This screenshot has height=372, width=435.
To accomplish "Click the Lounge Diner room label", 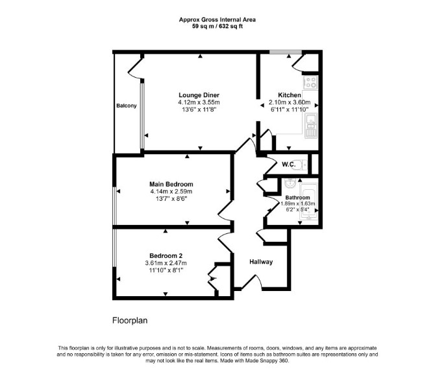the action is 199,95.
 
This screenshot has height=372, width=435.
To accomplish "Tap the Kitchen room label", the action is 290,95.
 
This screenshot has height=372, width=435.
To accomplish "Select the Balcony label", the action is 127,106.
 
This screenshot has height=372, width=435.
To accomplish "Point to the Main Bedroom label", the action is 171,184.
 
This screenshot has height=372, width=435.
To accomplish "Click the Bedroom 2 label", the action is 166,255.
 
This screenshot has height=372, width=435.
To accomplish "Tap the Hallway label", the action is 261,262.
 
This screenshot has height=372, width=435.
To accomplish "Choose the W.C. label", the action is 288,165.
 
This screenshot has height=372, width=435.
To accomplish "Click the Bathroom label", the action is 297,198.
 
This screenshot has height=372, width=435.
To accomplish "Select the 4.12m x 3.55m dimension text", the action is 199,102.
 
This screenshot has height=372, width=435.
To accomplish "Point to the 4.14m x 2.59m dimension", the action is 171,191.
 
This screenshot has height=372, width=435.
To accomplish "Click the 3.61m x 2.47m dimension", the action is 166,263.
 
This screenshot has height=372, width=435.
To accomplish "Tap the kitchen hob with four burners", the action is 311,82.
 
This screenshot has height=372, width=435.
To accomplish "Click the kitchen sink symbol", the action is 311,126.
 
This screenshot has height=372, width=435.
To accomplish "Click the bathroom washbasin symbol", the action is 290,183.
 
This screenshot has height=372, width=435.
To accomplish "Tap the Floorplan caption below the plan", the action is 130,321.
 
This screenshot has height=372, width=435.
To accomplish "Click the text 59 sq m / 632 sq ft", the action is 217,27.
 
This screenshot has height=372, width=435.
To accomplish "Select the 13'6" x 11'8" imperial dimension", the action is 199,110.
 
